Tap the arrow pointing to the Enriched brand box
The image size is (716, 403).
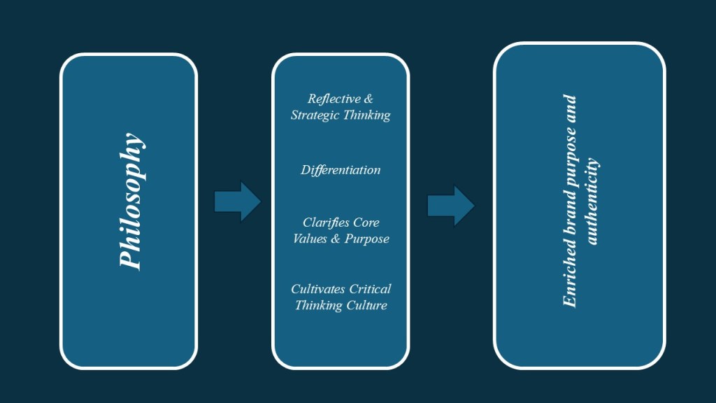pos(451,206)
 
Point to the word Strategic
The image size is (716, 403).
pos(315,115)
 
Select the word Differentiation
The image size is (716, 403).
pos(341,170)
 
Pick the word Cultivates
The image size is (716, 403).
pos(317,289)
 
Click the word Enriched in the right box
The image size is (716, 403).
pos(570,278)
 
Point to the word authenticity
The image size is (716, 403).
pos(592,201)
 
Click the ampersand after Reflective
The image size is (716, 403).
pos(368,99)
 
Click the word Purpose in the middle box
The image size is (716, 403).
pos(366,239)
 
